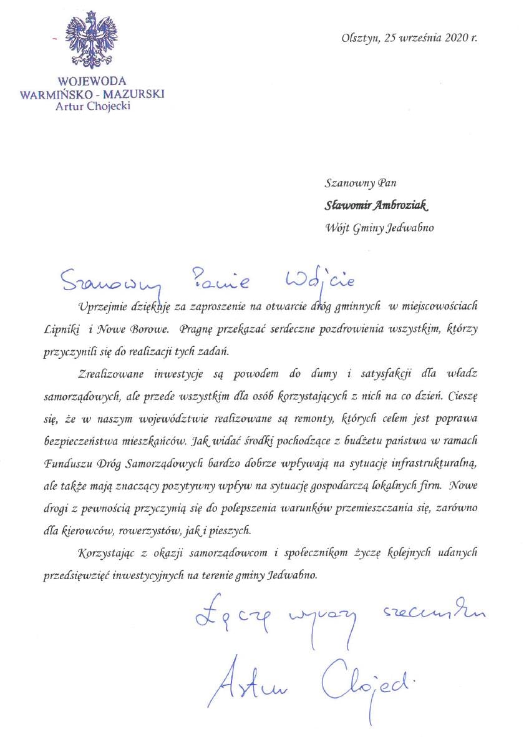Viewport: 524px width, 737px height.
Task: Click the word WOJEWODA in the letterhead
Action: [x=92, y=81]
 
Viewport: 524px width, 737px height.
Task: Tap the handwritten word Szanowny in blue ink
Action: [x=107, y=283]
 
